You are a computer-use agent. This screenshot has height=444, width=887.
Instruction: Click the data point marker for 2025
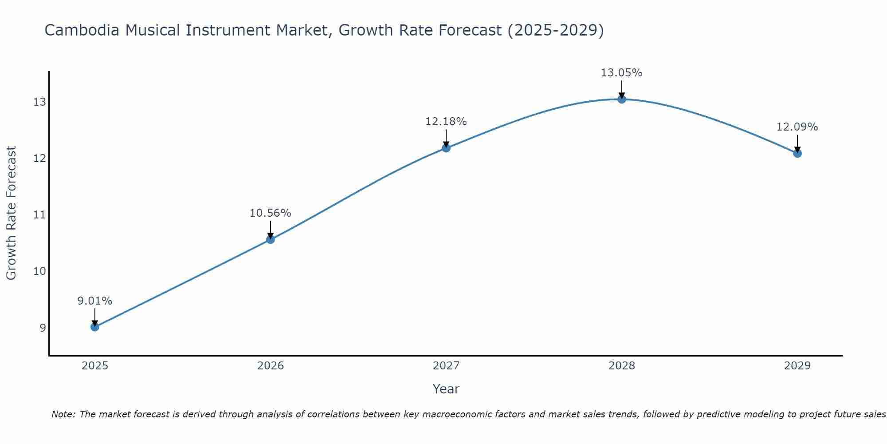(95, 327)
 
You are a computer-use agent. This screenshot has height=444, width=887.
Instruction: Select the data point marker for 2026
(271, 239)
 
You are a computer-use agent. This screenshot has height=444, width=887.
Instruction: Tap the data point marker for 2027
(446, 148)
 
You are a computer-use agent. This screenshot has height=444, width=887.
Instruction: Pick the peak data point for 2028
(622, 99)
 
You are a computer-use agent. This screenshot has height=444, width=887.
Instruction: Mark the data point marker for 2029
(797, 153)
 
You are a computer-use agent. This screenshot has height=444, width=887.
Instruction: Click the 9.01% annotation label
(95, 301)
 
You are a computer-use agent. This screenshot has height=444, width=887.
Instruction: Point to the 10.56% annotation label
(271, 213)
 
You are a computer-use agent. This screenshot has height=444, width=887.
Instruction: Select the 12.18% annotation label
(446, 122)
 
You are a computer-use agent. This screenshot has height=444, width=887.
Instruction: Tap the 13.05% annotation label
(622, 73)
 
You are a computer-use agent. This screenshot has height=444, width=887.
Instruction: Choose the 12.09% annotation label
(797, 127)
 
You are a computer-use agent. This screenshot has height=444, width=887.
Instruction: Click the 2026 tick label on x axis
(271, 366)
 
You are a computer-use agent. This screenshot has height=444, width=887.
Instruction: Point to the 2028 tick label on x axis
(622, 366)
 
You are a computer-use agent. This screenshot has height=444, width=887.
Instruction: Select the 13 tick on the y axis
(39, 102)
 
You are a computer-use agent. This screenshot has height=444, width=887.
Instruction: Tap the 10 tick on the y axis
(39, 271)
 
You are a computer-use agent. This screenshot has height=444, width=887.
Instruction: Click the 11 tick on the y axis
(39, 215)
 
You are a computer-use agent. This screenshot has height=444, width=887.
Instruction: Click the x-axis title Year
(446, 389)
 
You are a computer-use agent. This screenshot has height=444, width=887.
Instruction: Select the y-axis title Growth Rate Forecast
(11, 213)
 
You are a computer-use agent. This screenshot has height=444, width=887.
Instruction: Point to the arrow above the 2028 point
(622, 89)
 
